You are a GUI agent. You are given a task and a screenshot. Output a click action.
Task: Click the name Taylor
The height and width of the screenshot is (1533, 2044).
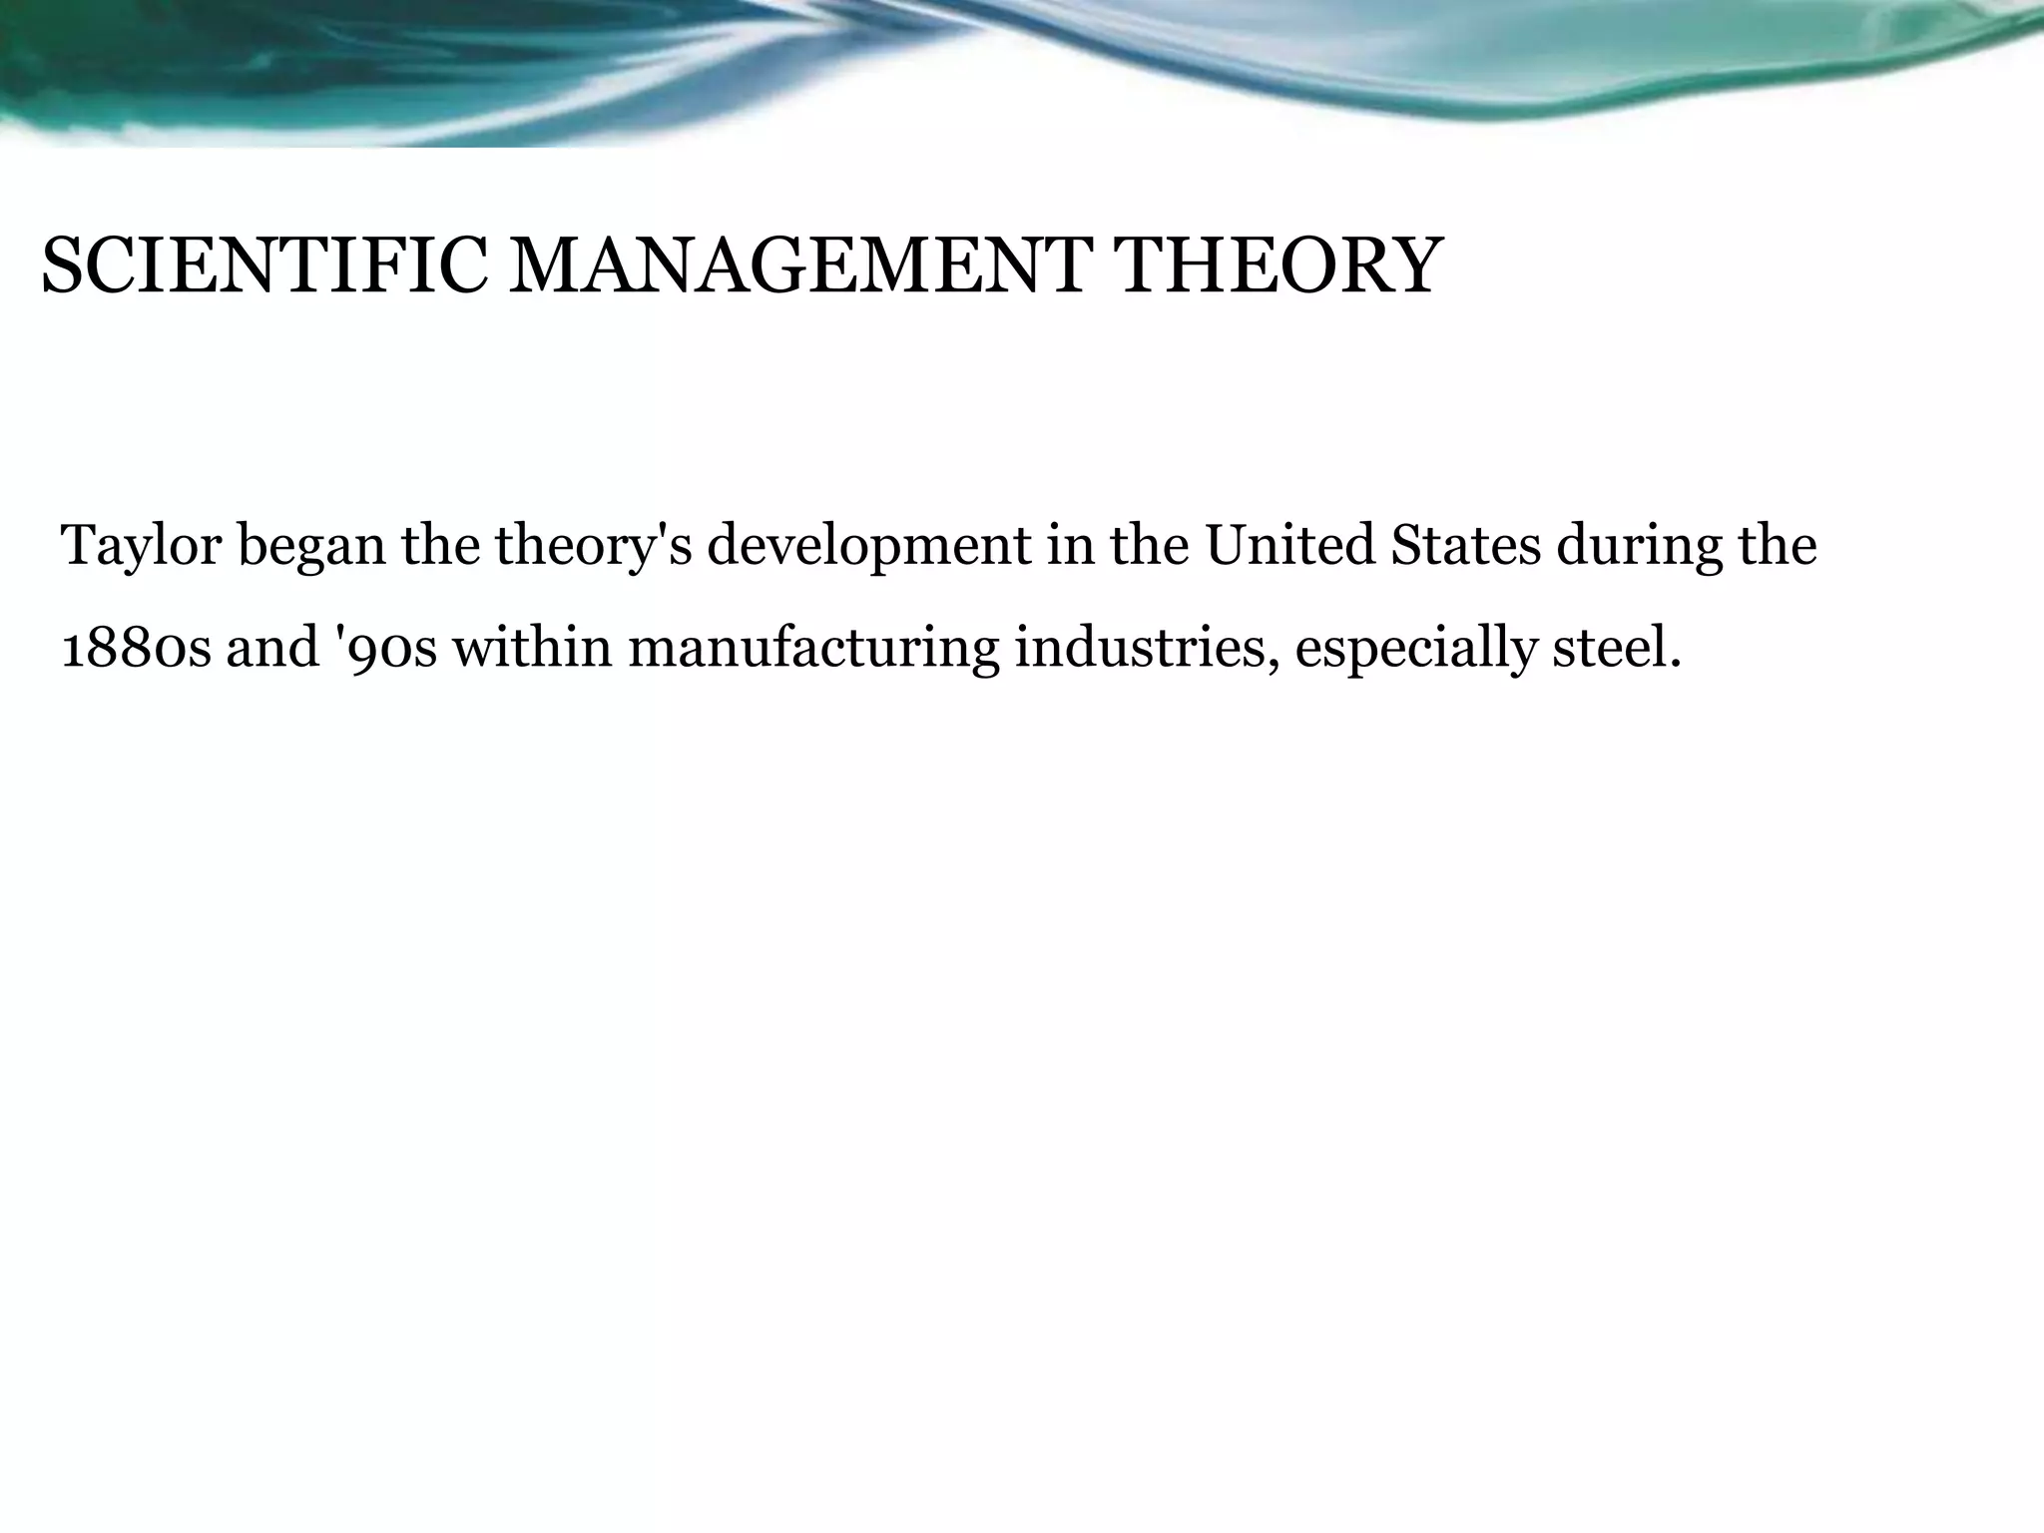click(141, 547)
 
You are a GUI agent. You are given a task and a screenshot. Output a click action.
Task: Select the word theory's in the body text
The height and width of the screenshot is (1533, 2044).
click(593, 547)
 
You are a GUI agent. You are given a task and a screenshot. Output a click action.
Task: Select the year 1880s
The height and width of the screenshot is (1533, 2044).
click(136, 649)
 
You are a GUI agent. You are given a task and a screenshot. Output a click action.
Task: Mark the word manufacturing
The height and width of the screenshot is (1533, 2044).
click(813, 649)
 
